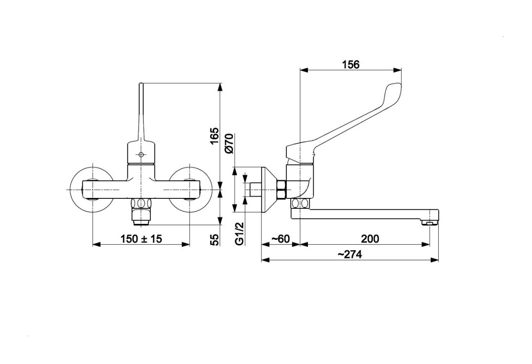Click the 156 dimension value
point(351,64)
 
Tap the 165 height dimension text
point(215,136)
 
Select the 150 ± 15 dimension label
point(141,239)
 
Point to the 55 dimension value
point(215,239)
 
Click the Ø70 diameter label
point(229,144)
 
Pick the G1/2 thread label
point(240,233)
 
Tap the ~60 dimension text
point(280,239)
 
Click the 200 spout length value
point(370,239)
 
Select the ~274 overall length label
point(350,254)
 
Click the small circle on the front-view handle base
point(141,155)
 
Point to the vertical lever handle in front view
point(141,112)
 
